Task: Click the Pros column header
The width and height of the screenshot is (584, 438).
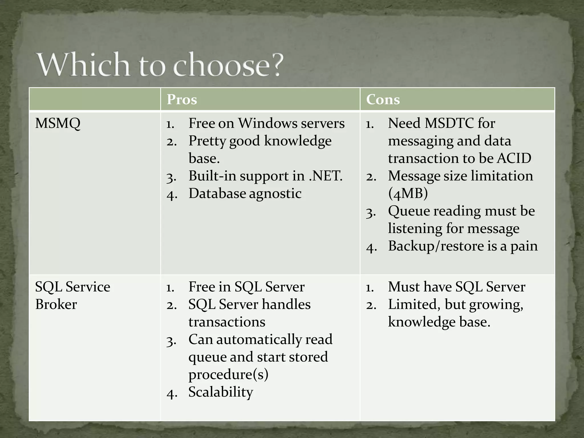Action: [x=182, y=100]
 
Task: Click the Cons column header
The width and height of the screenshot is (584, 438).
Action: [x=383, y=100]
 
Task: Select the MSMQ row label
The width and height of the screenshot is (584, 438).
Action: [x=58, y=124]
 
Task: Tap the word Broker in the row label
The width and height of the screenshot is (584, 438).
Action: [x=56, y=304]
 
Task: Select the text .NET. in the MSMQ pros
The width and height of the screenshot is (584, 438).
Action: [x=326, y=176]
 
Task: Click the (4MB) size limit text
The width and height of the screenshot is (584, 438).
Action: [x=408, y=194]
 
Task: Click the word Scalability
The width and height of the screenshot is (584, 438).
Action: [x=220, y=392]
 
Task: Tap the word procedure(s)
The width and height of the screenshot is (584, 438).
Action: [x=228, y=375]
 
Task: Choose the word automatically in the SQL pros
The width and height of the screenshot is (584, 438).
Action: [x=259, y=340]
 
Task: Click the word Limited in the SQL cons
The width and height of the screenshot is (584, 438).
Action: [x=412, y=305]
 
